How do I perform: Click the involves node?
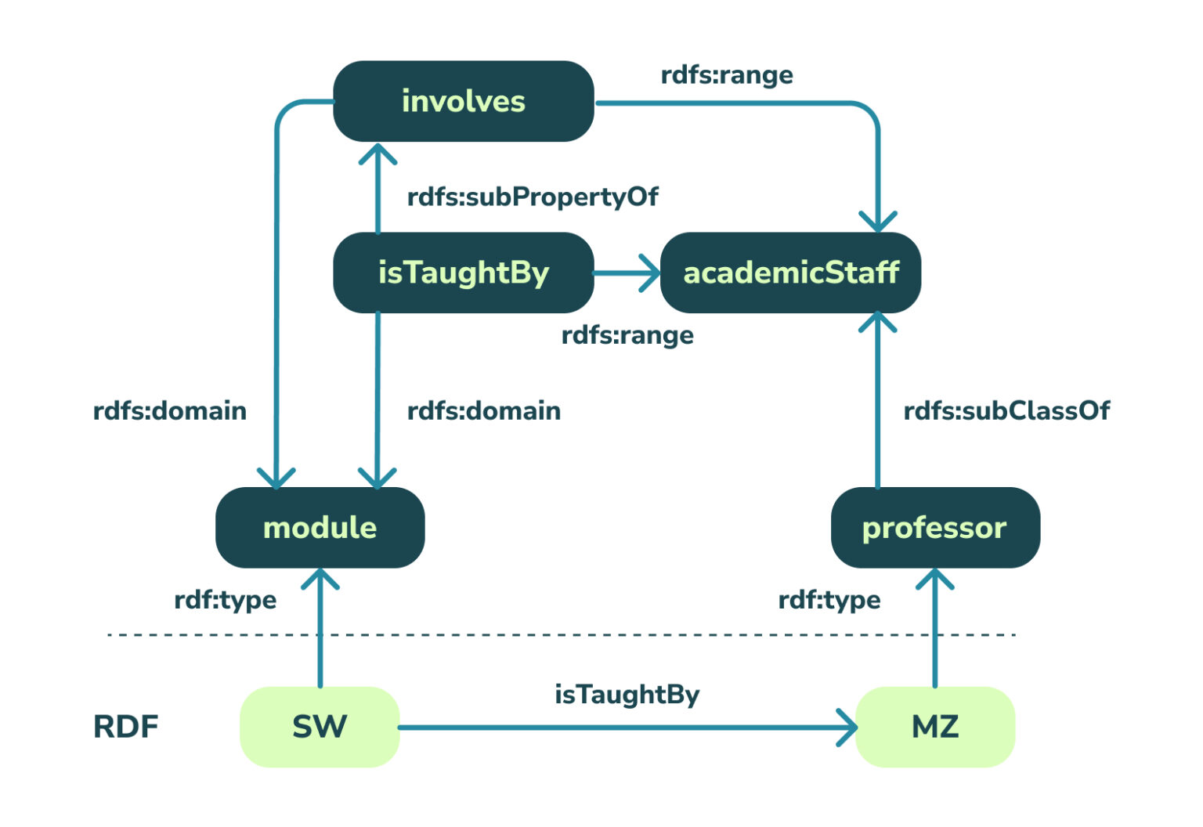click(463, 102)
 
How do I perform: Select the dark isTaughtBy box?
click(463, 273)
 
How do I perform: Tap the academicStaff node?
click(790, 273)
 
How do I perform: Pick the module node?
click(320, 527)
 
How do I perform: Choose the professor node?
click(934, 527)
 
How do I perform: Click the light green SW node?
click(320, 727)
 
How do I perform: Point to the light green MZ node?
click(934, 727)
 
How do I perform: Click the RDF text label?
click(125, 727)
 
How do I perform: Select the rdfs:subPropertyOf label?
click(533, 197)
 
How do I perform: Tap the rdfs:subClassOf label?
click(1006, 410)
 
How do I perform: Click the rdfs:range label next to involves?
click(727, 75)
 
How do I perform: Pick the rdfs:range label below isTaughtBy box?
click(627, 335)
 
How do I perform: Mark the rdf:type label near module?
click(225, 600)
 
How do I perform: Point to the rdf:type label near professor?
click(829, 600)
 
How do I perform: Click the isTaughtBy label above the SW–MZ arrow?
click(627, 694)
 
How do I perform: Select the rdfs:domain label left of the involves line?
click(169, 410)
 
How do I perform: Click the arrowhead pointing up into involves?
click(378, 153)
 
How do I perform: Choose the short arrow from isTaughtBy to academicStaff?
click(627, 273)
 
